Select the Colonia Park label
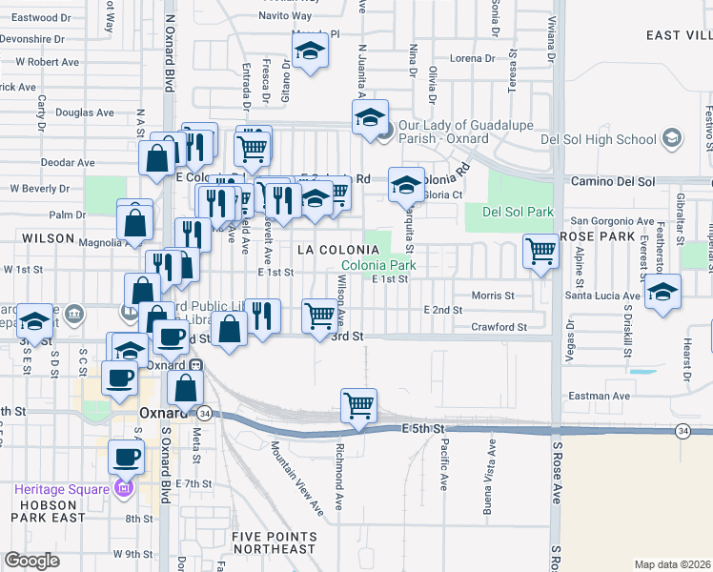point(378,265)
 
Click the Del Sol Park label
point(518,211)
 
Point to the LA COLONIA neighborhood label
point(333,249)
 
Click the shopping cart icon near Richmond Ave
point(358,405)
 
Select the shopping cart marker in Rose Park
point(540,252)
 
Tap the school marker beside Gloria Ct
point(407,183)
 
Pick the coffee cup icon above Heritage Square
point(126,457)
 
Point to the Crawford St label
point(499,327)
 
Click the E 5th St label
point(425,429)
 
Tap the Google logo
point(31,561)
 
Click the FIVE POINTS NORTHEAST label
point(273,542)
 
